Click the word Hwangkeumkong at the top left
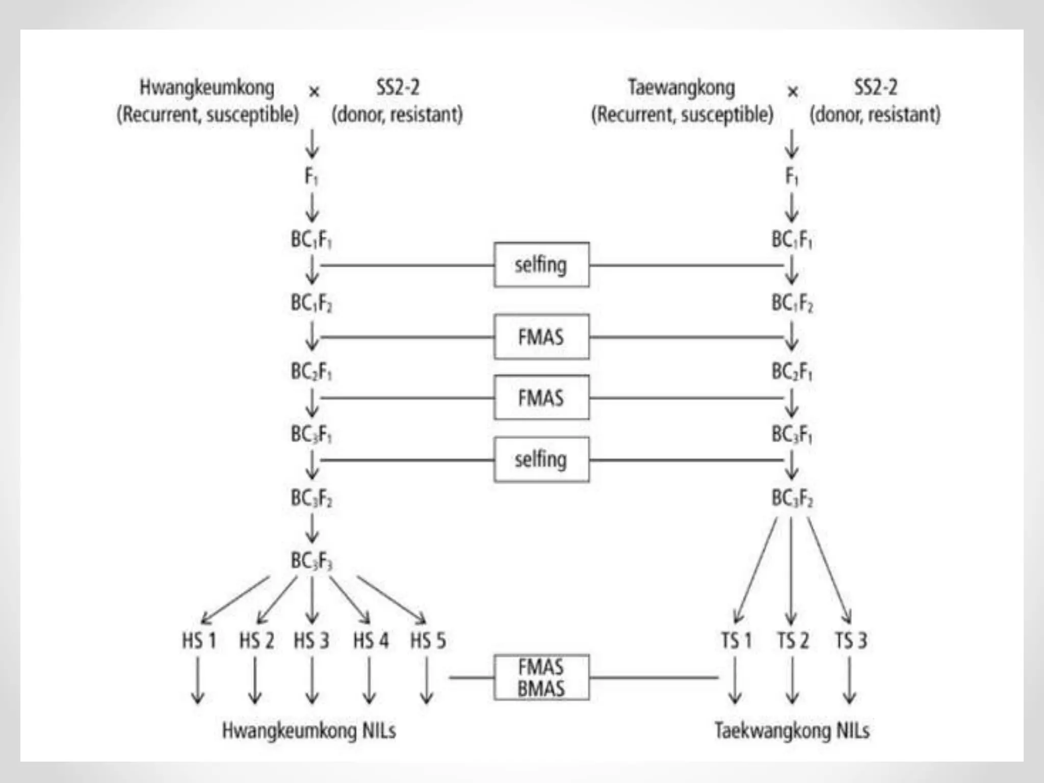[x=207, y=88]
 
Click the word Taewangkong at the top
[x=682, y=88]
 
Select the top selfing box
[x=541, y=265]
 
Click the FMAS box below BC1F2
[x=541, y=337]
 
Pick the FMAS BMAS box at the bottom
[x=541, y=677]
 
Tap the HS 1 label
[x=199, y=640]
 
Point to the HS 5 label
[x=428, y=640]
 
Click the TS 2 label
[x=792, y=640]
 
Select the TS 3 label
[x=850, y=640]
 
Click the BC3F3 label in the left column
[x=311, y=561]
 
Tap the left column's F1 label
[x=311, y=177]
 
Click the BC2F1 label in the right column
[x=792, y=372]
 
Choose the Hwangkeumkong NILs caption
[x=309, y=730]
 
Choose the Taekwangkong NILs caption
[x=792, y=730]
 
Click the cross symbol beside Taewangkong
[x=792, y=92]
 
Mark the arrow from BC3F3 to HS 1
[x=235, y=600]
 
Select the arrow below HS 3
[x=312, y=681]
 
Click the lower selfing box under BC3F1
[x=541, y=459]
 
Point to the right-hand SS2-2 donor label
[x=875, y=88]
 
